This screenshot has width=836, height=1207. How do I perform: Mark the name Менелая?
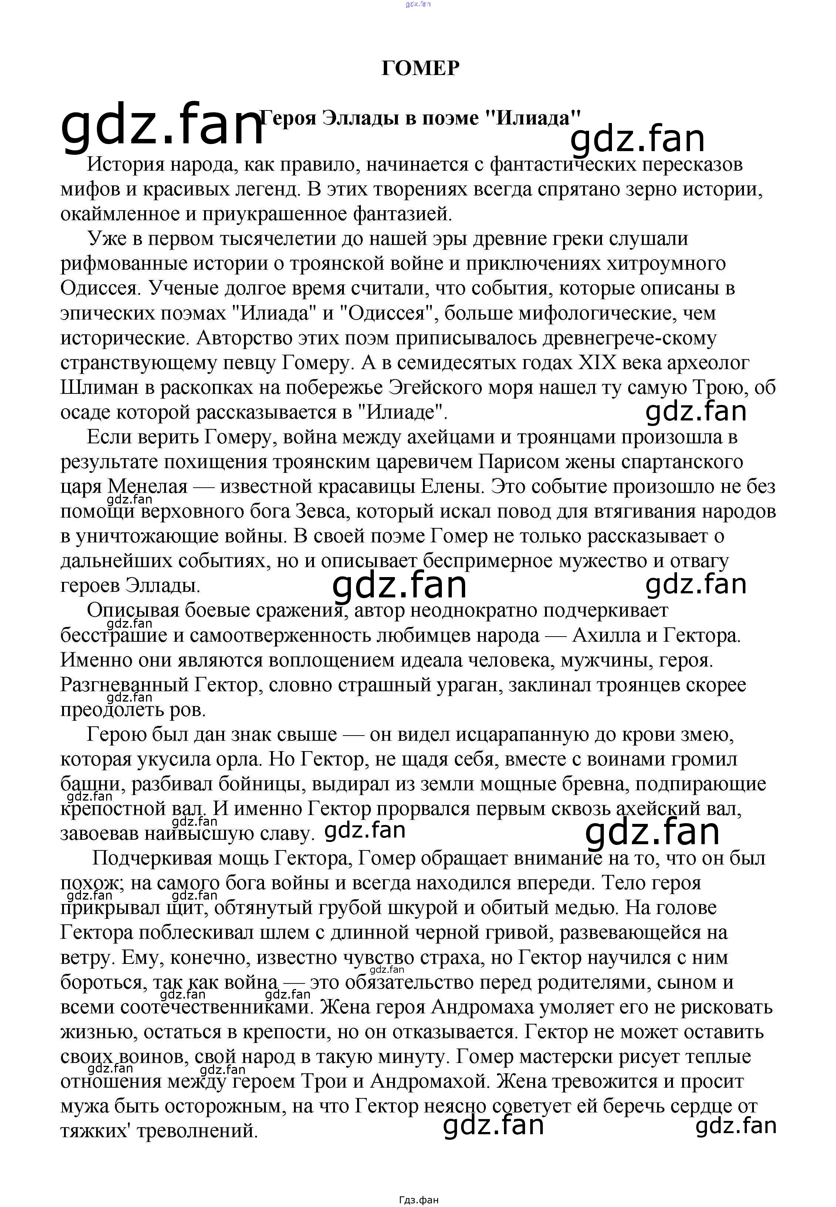click(x=147, y=487)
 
